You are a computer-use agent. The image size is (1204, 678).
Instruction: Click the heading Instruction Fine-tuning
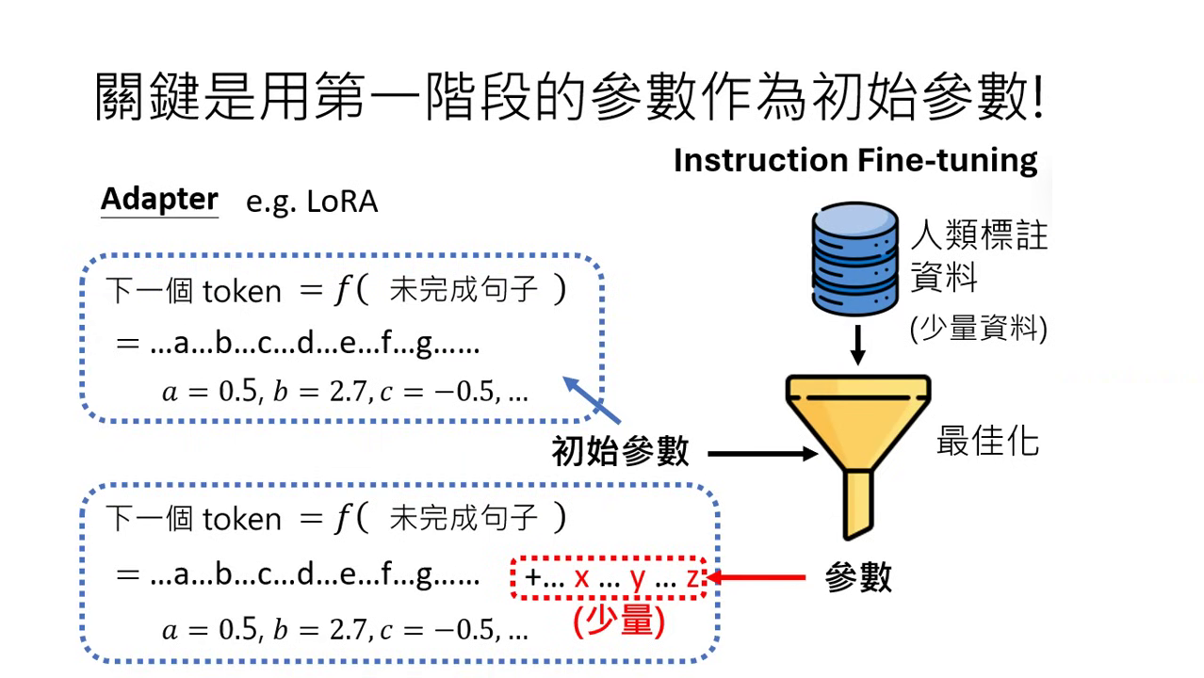coord(854,160)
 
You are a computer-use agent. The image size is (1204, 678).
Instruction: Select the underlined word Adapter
coord(159,200)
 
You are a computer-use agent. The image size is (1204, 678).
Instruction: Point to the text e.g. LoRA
coord(312,202)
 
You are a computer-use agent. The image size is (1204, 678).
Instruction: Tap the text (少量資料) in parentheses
coord(978,329)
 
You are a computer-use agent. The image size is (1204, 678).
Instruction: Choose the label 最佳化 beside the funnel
coord(987,440)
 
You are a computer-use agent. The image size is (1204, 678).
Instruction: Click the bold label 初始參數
coord(621,452)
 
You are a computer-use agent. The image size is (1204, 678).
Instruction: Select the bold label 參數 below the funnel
coord(857,577)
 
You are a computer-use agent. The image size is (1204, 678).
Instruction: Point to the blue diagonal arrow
coord(593,399)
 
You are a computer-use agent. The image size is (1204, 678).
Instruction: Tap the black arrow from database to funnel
coord(857,347)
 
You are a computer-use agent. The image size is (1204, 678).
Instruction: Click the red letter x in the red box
coord(581,577)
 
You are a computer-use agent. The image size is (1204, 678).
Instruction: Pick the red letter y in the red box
coord(638,578)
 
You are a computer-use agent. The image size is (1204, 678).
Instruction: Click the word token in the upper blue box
coord(241,292)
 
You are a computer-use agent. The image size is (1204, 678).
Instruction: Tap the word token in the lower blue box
coord(241,520)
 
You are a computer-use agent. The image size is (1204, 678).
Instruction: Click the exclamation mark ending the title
coord(1038,98)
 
